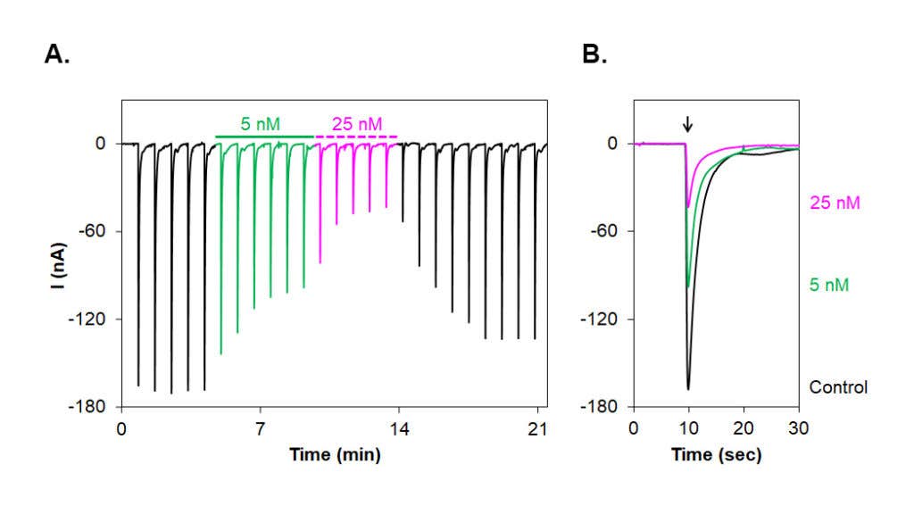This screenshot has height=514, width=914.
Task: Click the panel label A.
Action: click(57, 54)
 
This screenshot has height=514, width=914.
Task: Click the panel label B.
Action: click(594, 54)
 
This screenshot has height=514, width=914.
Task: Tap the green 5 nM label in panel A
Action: click(260, 123)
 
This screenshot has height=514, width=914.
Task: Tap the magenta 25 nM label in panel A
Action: click(357, 123)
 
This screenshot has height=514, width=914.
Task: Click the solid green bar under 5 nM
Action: click(264, 137)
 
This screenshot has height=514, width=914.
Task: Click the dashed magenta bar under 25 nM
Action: click(356, 137)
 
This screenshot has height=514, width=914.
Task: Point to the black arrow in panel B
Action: click(688, 124)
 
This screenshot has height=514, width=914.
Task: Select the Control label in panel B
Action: click(838, 387)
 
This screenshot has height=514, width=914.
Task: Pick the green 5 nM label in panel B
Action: click(829, 285)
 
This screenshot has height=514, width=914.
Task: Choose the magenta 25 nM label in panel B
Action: click(835, 203)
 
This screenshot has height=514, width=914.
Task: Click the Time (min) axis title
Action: click(336, 454)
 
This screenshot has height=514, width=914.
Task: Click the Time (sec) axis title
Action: click(717, 454)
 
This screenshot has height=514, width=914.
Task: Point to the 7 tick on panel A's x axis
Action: click(260, 429)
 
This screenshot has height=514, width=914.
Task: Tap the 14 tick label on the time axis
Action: click(399, 429)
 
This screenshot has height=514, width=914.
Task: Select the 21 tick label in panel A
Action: click(537, 429)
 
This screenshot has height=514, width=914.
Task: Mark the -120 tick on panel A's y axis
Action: click(87, 319)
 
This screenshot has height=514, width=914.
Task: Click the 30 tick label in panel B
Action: click(799, 429)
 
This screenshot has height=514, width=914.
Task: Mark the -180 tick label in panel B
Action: click(599, 407)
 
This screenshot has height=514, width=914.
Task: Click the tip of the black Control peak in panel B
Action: click(688, 389)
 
